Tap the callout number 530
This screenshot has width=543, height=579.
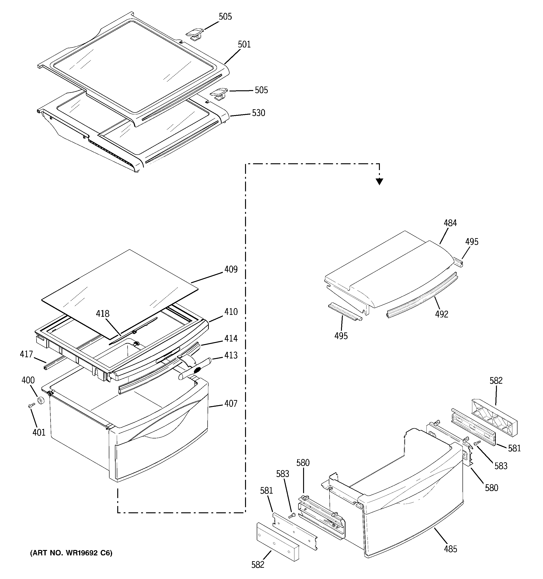259,113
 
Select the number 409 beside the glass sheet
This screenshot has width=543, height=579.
231,269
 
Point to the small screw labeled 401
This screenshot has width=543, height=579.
31,406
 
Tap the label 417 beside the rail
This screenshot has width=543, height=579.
26,354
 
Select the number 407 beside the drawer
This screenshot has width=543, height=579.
231,404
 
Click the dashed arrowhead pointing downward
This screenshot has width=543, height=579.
379,182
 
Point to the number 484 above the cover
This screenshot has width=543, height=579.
450,223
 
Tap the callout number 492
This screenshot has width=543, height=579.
442,314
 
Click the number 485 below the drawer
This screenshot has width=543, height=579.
451,549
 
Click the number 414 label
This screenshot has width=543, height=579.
231,339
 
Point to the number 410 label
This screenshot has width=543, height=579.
231,312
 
